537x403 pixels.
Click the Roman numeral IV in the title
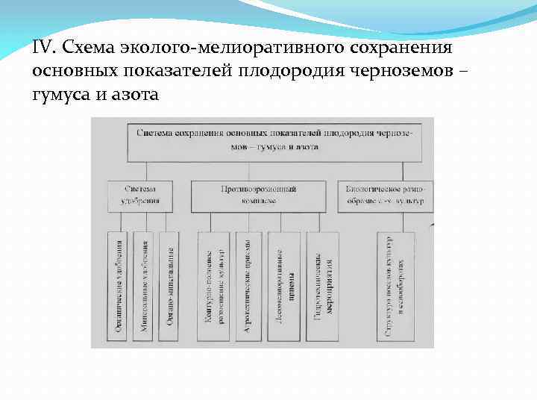point(44,48)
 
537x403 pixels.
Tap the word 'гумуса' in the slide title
point(60,95)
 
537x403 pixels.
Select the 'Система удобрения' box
point(141,196)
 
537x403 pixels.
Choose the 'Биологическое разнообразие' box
point(385,196)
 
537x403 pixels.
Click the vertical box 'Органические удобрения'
point(119,287)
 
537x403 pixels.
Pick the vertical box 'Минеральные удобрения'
point(145,287)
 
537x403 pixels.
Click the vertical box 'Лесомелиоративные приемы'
point(284,287)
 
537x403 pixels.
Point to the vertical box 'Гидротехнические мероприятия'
point(322,287)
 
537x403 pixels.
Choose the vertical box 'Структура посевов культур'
point(396,287)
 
